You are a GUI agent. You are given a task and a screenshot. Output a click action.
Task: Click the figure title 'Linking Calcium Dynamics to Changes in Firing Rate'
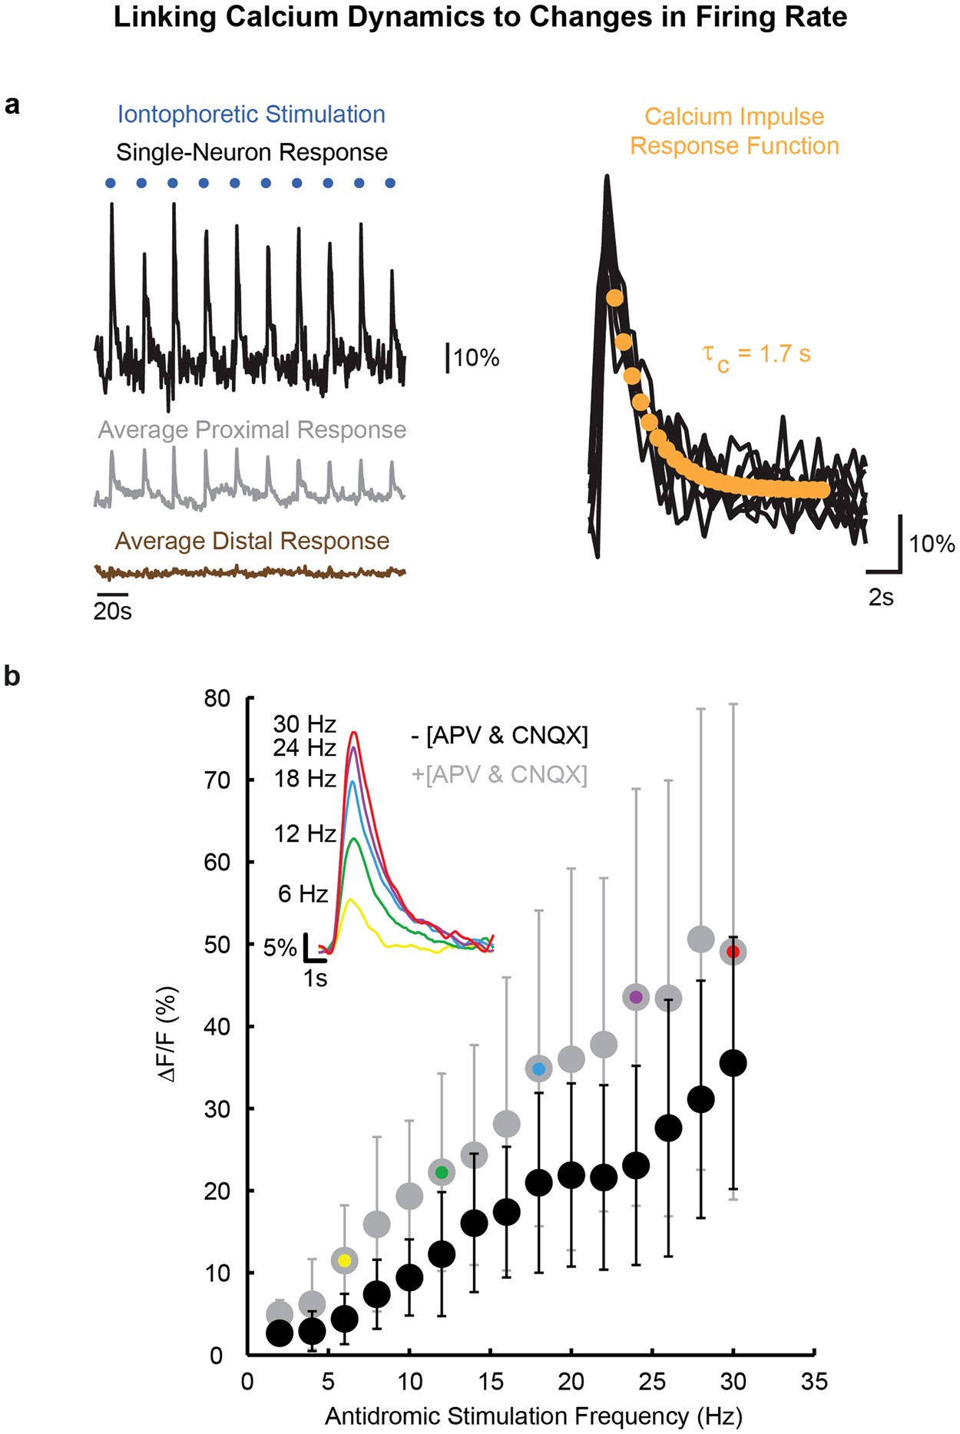click(x=480, y=17)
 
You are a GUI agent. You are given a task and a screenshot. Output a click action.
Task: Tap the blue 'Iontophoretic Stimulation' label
click(x=251, y=114)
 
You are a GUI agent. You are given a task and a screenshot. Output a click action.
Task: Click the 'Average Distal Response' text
click(x=252, y=541)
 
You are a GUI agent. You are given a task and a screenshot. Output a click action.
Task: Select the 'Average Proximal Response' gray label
click(x=252, y=430)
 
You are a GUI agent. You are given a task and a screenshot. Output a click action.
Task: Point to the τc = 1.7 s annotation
click(x=756, y=355)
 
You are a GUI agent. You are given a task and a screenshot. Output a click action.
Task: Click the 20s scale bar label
click(x=112, y=612)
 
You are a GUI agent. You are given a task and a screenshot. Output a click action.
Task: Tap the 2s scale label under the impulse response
click(x=881, y=598)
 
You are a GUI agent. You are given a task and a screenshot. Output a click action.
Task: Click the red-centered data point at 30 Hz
click(x=733, y=952)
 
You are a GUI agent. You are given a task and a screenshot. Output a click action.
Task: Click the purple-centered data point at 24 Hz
click(x=636, y=998)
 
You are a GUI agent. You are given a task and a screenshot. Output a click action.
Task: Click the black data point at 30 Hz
click(x=733, y=1064)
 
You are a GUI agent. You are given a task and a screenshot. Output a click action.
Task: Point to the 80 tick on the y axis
click(x=217, y=699)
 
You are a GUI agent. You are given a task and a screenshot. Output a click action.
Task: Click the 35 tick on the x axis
click(x=814, y=1382)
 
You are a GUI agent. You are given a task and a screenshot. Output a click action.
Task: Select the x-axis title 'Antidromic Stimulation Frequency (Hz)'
click(x=533, y=1416)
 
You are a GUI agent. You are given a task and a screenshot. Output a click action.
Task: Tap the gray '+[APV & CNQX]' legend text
click(x=499, y=775)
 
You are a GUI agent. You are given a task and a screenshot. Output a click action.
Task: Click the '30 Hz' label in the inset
click(x=305, y=724)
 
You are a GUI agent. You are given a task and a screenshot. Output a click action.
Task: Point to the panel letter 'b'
click(x=12, y=677)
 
